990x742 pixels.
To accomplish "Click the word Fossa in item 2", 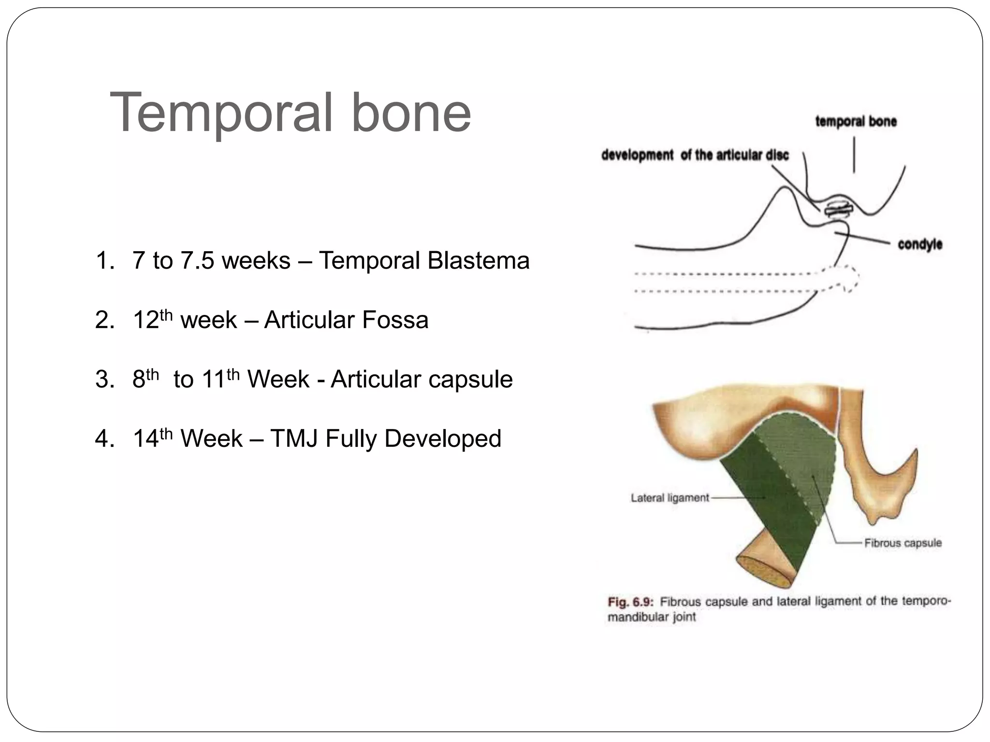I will [395, 320].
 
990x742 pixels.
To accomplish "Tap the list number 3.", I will [104, 380].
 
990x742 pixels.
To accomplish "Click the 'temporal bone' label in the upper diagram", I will [856, 121].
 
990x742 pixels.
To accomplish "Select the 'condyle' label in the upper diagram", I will [919, 244].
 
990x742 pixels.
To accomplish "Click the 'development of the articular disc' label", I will [695, 155].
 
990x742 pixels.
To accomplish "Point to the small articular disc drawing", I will [838, 210].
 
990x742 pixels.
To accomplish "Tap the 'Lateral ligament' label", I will [670, 498].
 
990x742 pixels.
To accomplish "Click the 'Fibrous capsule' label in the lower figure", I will [903, 543].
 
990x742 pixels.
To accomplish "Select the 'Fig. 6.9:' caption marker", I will [630, 602].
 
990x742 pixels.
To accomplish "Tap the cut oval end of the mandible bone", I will [764, 572].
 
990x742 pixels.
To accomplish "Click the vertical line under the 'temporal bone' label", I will [854, 155].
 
